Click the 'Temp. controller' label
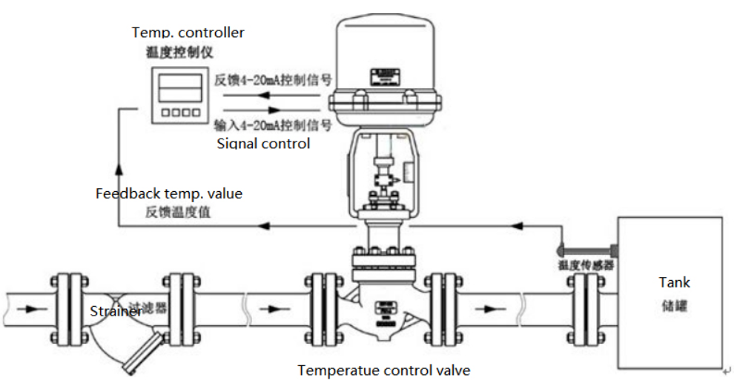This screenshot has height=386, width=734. tap(188, 33)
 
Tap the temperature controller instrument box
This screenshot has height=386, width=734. tap(176, 95)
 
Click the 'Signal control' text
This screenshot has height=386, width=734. tap(263, 143)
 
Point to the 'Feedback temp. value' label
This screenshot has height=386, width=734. tap(169, 193)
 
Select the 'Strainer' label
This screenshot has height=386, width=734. tap(116, 311)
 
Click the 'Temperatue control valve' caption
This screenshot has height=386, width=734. tap(383, 370)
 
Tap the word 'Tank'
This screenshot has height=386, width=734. tap(674, 282)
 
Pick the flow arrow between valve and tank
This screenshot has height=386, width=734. tap(488, 307)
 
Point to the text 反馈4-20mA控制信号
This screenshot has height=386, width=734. tap(272, 79)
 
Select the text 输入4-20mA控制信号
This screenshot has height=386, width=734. tap(272, 123)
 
